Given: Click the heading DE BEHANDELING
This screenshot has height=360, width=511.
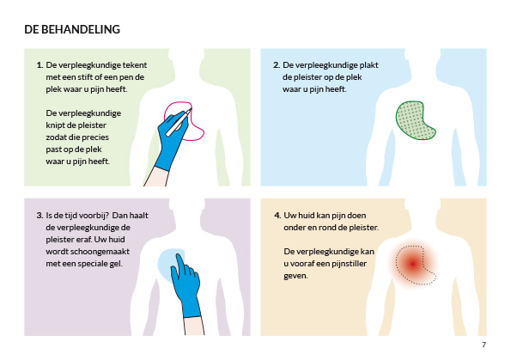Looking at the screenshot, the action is pyautogui.click(x=72, y=29).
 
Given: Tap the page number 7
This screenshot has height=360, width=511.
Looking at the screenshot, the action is pyautogui.click(x=484, y=345).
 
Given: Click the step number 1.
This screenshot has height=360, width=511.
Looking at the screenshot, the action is pyautogui.click(x=40, y=65).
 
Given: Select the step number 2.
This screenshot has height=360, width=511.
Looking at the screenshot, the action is pyautogui.click(x=277, y=65).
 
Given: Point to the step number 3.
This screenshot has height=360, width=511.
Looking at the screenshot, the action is pyautogui.click(x=40, y=216).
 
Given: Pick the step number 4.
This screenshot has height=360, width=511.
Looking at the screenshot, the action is pyautogui.click(x=277, y=216).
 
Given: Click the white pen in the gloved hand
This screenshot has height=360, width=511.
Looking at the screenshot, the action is pyautogui.click(x=179, y=122).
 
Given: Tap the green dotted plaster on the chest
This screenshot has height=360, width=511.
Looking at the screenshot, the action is pyautogui.click(x=415, y=120).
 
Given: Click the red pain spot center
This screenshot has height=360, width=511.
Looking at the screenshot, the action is pyautogui.click(x=413, y=264).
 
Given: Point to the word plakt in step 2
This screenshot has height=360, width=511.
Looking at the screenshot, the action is pyautogui.click(x=368, y=65).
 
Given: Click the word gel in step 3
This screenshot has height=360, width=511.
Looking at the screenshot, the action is pyautogui.click(x=116, y=264).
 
